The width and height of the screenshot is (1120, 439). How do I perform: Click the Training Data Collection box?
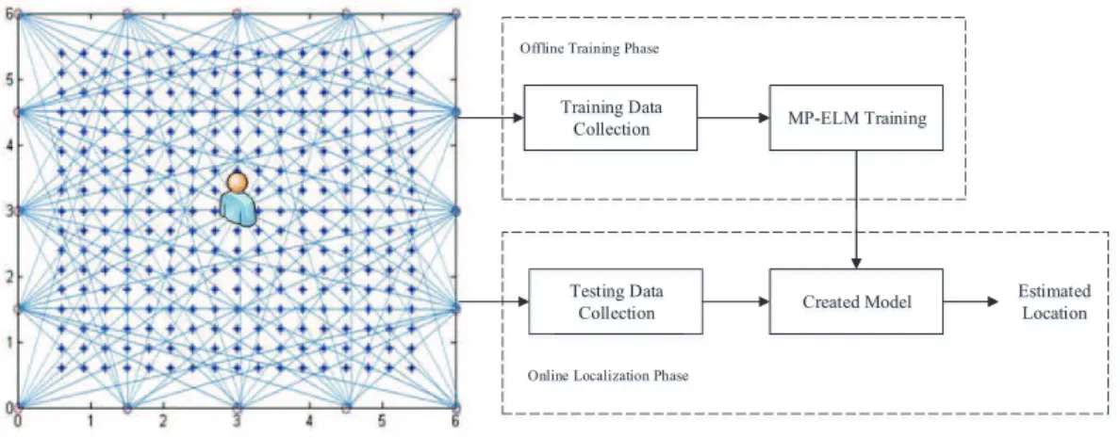pyautogui.click(x=611, y=118)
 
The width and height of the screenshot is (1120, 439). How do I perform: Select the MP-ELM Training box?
pyautogui.click(x=856, y=118)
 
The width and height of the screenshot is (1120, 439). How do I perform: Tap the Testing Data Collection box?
pyautogui.click(x=616, y=301)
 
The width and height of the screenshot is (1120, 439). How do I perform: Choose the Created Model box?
pyautogui.click(x=856, y=301)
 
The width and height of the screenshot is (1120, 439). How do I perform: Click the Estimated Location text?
pyautogui.click(x=1054, y=302)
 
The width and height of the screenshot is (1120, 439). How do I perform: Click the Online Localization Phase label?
pyautogui.click(x=608, y=376)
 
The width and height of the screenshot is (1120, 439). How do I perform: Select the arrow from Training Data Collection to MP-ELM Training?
pyautogui.click(x=733, y=118)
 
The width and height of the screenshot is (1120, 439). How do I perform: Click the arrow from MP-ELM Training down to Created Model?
pyautogui.click(x=856, y=209)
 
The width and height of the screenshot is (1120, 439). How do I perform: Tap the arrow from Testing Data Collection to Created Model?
pyautogui.click(x=735, y=301)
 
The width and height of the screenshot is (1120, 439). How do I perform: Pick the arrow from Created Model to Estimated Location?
pyautogui.click(x=971, y=301)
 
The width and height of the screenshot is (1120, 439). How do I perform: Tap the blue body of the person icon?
pyautogui.click(x=238, y=209)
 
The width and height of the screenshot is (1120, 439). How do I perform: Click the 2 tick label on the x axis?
pyautogui.click(x=164, y=422)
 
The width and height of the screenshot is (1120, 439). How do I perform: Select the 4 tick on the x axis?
pyautogui.click(x=309, y=422)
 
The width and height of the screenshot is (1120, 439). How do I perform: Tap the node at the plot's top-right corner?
pyautogui.click(x=455, y=13)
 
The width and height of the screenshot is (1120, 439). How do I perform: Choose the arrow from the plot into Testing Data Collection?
pyautogui.click(x=494, y=302)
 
